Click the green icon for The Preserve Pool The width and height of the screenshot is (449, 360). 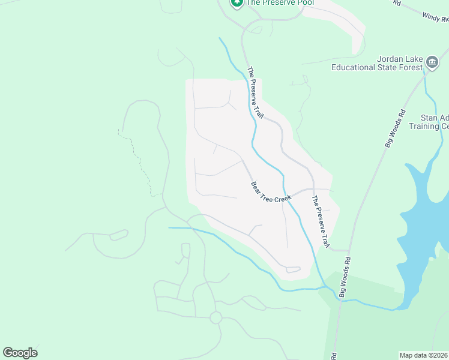pos(237,3)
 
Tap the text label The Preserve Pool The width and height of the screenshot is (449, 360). pos(271,2)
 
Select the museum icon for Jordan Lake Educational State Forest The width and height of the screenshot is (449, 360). pos(432,62)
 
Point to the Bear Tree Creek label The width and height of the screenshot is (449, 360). pos(271,192)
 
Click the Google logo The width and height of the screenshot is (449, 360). pos(20,353)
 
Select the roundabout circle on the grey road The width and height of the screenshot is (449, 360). pos(215,317)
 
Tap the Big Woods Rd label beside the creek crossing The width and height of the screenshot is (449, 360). pos(344,277)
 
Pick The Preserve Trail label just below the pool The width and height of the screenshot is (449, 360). pos(256,91)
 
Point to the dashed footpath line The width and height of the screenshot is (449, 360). pos(139,162)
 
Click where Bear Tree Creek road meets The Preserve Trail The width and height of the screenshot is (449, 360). pos(312,190)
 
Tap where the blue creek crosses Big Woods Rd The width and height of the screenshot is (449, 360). pos(340,298)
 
